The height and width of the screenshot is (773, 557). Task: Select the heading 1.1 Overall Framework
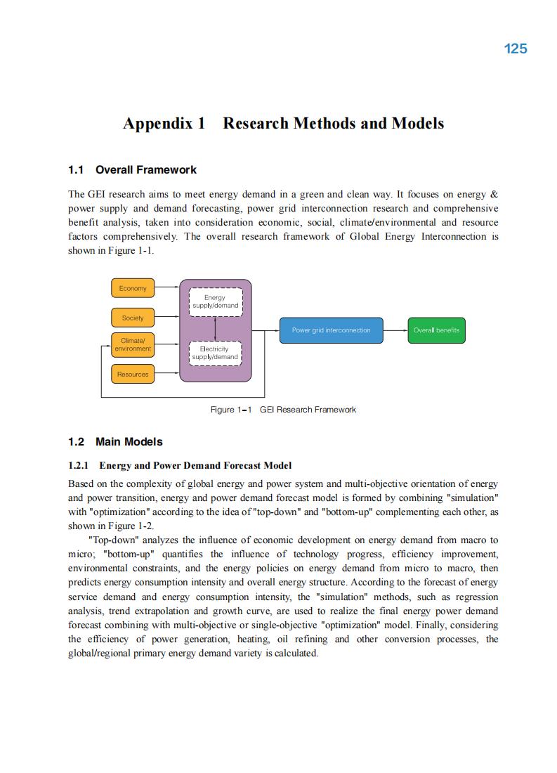pyautogui.click(x=132, y=170)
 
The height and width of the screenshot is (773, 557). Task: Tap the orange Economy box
pyautogui.click(x=133, y=288)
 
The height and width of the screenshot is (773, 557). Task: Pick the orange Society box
pyautogui.click(x=133, y=318)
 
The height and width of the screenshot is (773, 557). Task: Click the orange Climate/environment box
pyautogui.click(x=133, y=345)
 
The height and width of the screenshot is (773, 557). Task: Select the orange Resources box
pyautogui.click(x=133, y=375)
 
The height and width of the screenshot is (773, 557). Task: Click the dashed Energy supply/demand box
pyautogui.click(x=216, y=301)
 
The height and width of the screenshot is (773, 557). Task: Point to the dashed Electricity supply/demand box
pyautogui.click(x=216, y=353)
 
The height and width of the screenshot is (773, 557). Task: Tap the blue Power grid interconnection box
pyautogui.click(x=331, y=330)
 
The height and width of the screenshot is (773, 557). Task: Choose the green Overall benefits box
pyautogui.click(x=436, y=330)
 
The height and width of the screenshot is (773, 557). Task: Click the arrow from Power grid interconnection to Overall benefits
pyautogui.click(x=395, y=330)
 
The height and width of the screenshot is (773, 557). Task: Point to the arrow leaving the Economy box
pyautogui.click(x=167, y=287)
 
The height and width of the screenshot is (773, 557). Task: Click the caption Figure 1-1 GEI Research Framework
pyautogui.click(x=283, y=410)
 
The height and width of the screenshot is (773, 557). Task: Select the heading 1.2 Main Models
pyautogui.click(x=115, y=442)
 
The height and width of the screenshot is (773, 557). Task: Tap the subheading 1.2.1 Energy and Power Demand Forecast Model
pyautogui.click(x=180, y=465)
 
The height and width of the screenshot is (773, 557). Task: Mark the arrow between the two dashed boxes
pyautogui.click(x=216, y=327)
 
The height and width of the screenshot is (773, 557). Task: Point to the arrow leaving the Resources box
pyautogui.click(x=167, y=374)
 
